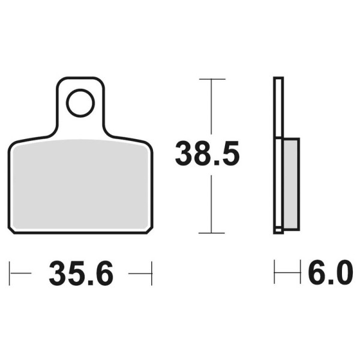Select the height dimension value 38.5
click(207, 154)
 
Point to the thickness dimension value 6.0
click(329, 274)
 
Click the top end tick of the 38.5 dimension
click(212, 79)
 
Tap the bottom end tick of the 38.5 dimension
click(212, 233)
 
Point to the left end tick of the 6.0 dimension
click(275, 274)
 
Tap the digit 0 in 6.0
click(341, 274)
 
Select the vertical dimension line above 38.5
click(212, 108)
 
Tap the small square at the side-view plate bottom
click(278, 229)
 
